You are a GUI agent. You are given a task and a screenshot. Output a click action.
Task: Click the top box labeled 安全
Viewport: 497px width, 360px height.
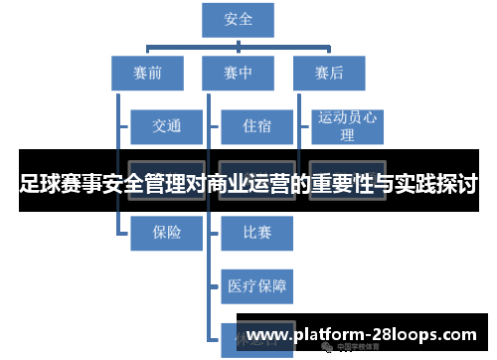(239, 19)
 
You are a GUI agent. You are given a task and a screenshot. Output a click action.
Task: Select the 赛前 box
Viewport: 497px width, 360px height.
(146, 72)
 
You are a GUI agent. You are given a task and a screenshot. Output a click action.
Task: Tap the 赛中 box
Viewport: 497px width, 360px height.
(239, 72)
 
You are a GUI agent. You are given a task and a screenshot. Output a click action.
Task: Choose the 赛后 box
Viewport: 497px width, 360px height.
(328, 72)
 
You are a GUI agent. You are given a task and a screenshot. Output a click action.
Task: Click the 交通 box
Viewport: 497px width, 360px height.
(166, 126)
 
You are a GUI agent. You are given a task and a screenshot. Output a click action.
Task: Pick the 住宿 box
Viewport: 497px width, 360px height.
(255, 126)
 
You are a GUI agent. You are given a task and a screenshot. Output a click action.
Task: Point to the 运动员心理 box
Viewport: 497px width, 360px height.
(347, 125)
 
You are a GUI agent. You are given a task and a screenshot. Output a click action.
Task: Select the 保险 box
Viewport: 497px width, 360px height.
(166, 232)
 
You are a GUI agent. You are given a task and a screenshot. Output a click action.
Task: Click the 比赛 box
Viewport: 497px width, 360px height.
(256, 232)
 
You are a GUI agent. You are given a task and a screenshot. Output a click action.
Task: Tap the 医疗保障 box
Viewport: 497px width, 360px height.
(256, 286)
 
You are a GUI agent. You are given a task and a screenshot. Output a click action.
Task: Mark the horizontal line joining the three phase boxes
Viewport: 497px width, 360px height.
(239, 46)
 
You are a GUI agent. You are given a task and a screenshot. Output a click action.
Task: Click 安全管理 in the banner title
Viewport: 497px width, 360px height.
(138, 185)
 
